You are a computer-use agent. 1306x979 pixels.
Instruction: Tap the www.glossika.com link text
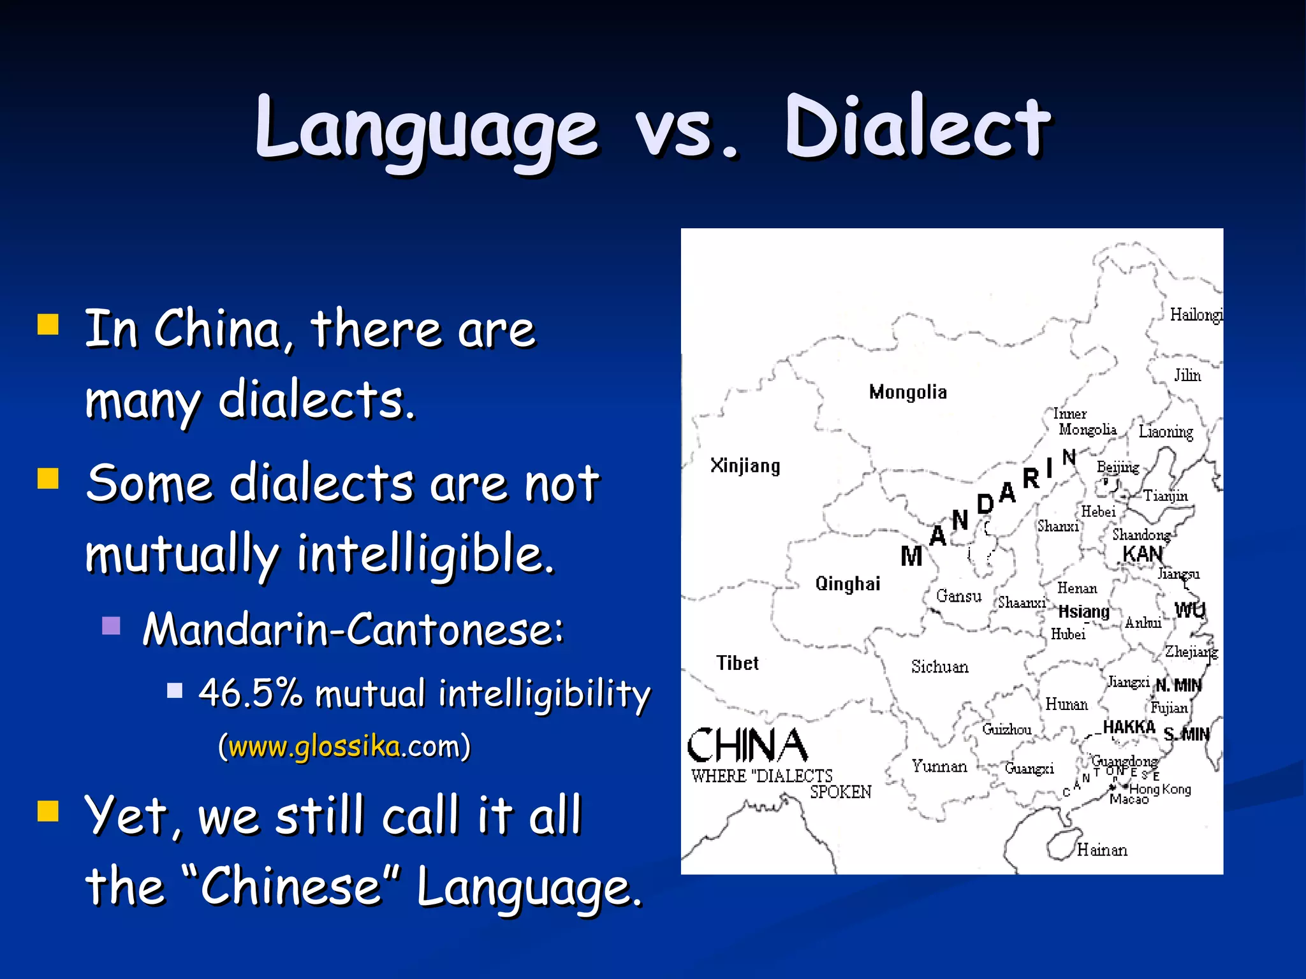315,746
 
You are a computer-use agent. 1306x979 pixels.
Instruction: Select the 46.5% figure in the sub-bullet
251,692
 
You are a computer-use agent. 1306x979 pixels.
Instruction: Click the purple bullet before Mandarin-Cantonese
112,626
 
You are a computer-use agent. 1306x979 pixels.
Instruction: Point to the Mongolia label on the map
907,392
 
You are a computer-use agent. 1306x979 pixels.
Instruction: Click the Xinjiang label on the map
745,466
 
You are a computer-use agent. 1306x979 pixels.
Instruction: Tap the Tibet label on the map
737,664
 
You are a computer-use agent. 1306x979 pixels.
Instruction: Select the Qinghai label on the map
847,584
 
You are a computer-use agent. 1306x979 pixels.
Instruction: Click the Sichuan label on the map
939,667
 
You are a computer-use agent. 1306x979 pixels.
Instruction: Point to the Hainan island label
1101,850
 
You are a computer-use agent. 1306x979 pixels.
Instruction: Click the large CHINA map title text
747,746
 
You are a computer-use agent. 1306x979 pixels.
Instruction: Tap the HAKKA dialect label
1129,727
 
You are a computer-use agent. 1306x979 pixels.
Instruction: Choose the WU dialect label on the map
1189,611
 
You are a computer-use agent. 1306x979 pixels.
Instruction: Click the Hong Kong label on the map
1160,789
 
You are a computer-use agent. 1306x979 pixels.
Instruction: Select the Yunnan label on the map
939,766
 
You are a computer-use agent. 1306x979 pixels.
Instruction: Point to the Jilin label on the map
1187,375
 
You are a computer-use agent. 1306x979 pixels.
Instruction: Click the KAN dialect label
1142,555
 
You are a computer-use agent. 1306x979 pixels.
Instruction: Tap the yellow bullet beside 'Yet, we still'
48,812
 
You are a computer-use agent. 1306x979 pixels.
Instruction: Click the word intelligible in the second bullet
425,553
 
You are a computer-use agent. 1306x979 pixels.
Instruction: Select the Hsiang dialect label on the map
1083,612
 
